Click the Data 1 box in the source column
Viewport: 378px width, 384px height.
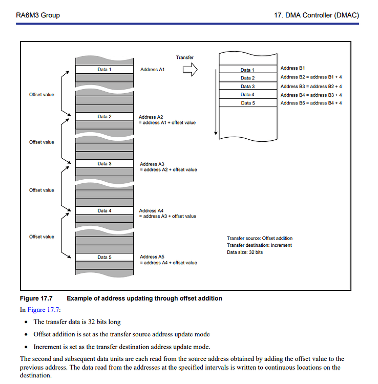pyautogui.click(x=104, y=69)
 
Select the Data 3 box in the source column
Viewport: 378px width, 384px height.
pyautogui.click(x=104, y=164)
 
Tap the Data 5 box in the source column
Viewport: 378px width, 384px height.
pyautogui.click(x=104, y=257)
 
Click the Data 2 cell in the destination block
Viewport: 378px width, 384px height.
pyautogui.click(x=247, y=78)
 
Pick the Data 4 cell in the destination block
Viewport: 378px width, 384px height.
pyautogui.click(x=247, y=95)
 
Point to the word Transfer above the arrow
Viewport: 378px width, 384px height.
pyautogui.click(x=185, y=57)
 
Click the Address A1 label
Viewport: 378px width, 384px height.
pyautogui.click(x=152, y=69)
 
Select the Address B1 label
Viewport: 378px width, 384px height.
pyautogui.click(x=293, y=68)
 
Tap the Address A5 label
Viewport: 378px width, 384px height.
pyautogui.click(x=152, y=257)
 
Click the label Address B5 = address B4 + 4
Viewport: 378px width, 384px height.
pyautogui.click(x=311, y=103)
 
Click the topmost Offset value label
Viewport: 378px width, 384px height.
pyautogui.click(x=41, y=95)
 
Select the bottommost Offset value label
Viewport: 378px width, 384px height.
pyautogui.click(x=41, y=237)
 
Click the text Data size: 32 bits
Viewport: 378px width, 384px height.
pyautogui.click(x=245, y=252)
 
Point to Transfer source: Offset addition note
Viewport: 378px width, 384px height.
pyautogui.click(x=260, y=238)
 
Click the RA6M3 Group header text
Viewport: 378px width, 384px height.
pyautogui.click(x=38, y=15)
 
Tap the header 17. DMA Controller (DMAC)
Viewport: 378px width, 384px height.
pyautogui.click(x=317, y=15)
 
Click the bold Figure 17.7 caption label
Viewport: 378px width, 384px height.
pyautogui.click(x=36, y=298)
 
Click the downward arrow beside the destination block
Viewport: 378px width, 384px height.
pyautogui.click(x=216, y=97)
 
